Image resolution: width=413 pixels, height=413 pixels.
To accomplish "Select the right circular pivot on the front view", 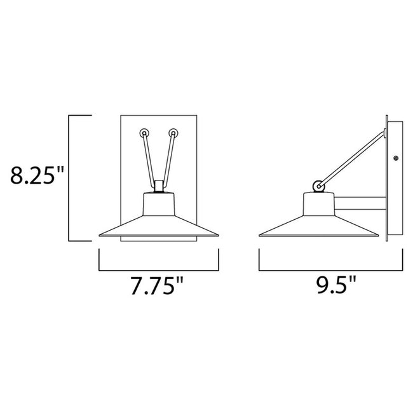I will tap(172, 133).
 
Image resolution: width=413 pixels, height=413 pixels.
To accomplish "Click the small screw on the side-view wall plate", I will tap(395, 158).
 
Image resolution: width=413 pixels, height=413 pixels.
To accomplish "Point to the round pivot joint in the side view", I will tap(317, 186).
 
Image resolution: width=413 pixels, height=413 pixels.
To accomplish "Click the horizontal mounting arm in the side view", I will tap(360, 203).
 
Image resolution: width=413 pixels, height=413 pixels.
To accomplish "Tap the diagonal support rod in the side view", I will tap(353, 159).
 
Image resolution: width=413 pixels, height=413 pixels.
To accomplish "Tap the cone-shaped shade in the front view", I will tap(159, 219).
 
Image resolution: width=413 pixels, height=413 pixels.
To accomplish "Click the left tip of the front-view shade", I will tap(100, 235).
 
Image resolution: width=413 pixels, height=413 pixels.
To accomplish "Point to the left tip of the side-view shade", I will tap(261, 235).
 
